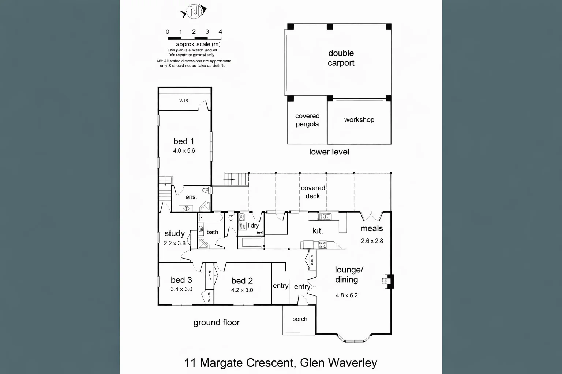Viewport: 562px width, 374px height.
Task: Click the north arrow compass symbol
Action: click(194, 12)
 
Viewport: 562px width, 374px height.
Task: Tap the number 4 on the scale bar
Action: click(220, 32)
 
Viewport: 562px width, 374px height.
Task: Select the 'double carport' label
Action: click(341, 58)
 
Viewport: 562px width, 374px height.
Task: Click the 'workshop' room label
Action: click(359, 120)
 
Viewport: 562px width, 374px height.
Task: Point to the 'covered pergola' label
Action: click(307, 120)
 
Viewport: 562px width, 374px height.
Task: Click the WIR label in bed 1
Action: click(184, 100)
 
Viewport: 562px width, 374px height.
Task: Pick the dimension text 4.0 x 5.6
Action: click(184, 150)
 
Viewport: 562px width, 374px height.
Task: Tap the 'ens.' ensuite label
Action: click(191, 197)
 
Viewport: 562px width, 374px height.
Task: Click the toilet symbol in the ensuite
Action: click(206, 190)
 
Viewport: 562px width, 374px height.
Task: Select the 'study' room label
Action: click(175, 233)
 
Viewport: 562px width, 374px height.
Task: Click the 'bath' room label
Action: click(212, 232)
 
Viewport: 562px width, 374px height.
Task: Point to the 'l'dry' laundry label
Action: click(254, 225)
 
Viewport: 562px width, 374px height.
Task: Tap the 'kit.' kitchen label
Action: click(318, 231)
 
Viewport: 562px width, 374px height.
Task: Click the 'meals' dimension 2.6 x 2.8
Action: click(372, 241)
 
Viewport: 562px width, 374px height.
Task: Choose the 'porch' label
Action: click(300, 319)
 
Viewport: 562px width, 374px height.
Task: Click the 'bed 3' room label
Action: click(181, 280)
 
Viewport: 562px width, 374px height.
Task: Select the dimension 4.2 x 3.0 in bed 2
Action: click(242, 290)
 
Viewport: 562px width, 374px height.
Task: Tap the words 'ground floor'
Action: click(216, 323)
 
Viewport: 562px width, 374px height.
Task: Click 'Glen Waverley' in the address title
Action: click(338, 363)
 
